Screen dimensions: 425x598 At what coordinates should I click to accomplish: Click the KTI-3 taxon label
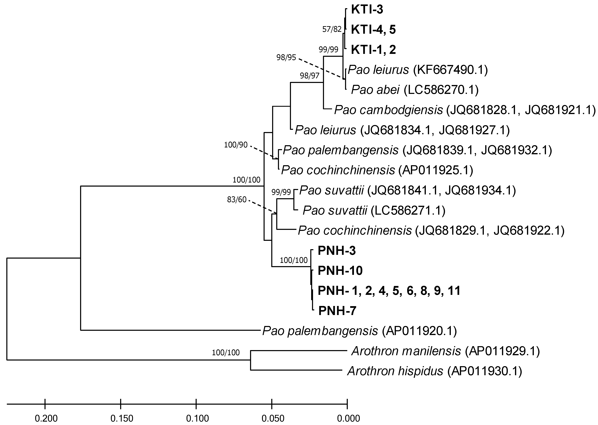click(x=367, y=10)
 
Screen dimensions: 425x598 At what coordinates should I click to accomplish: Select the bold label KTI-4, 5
click(x=373, y=30)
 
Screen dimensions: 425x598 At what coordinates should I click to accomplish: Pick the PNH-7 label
click(x=337, y=311)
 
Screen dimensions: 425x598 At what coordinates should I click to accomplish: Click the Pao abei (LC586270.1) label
click(x=415, y=90)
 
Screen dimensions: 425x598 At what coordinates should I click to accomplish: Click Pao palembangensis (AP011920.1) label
click(x=359, y=331)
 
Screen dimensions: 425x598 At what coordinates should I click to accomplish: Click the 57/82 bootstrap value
click(x=332, y=29)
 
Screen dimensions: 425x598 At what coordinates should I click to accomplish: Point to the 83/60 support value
click(x=237, y=200)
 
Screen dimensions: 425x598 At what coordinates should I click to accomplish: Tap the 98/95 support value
click(x=286, y=57)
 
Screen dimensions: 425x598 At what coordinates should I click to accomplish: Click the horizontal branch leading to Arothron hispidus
click(x=296, y=370)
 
